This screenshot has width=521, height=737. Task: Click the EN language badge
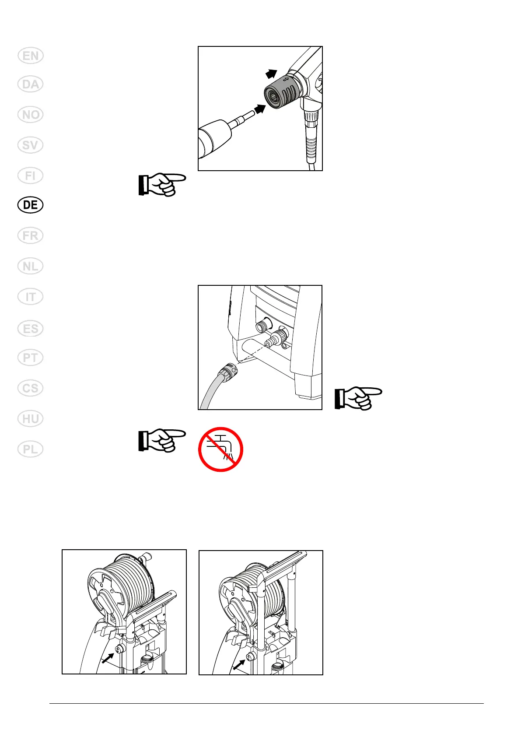pyautogui.click(x=31, y=56)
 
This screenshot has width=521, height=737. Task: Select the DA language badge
pyautogui.click(x=31, y=84)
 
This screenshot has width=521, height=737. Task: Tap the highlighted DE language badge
pyautogui.click(x=31, y=205)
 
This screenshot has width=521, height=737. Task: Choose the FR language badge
pyautogui.click(x=31, y=235)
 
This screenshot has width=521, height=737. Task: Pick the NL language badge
pyautogui.click(x=31, y=266)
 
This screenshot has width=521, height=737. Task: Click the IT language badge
pyautogui.click(x=31, y=297)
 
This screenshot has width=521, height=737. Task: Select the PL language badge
pyautogui.click(x=31, y=449)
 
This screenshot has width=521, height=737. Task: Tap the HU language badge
pyautogui.click(x=31, y=419)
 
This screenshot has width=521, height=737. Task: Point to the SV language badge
pyautogui.click(x=31, y=145)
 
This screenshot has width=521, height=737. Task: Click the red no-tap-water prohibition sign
pyautogui.click(x=220, y=449)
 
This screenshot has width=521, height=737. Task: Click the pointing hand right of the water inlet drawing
pyautogui.click(x=358, y=398)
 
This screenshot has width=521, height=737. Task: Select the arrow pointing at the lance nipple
pyautogui.click(x=260, y=109)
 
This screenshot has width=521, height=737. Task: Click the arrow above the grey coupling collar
pyautogui.click(x=272, y=74)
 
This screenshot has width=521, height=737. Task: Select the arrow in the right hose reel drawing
pyautogui.click(x=239, y=665)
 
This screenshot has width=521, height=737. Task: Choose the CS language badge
pyautogui.click(x=31, y=388)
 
